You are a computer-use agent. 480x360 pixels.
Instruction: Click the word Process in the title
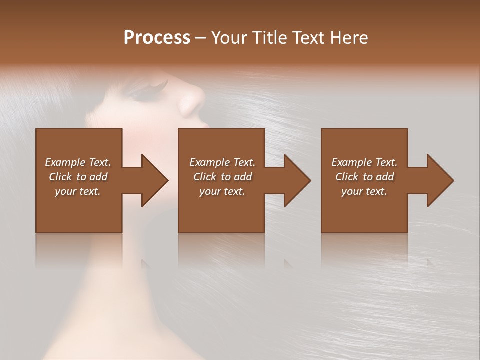coord(157,38)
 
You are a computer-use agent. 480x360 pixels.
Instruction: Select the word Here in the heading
coord(349,38)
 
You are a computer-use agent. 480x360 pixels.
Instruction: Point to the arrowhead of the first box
coord(152,180)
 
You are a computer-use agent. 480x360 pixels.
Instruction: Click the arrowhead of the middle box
coord(295,180)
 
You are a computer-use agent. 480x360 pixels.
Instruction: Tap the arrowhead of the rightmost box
coord(438,180)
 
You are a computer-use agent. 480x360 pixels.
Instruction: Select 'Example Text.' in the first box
coord(78,162)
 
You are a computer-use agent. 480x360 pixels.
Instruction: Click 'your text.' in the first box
coord(78,191)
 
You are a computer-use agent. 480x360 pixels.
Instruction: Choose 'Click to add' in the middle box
coord(222,177)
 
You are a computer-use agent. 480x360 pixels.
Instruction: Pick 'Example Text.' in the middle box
coord(222,162)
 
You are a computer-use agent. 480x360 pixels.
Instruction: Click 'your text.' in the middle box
coord(222,191)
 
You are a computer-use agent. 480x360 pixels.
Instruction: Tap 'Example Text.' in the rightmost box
coord(364,162)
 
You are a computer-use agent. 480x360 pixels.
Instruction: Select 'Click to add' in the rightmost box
coord(364,177)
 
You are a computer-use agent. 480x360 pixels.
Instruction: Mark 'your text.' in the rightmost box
coord(364,191)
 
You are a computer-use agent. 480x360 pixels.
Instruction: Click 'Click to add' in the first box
coord(78,177)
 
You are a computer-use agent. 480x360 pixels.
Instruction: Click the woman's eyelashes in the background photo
coord(152,90)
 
